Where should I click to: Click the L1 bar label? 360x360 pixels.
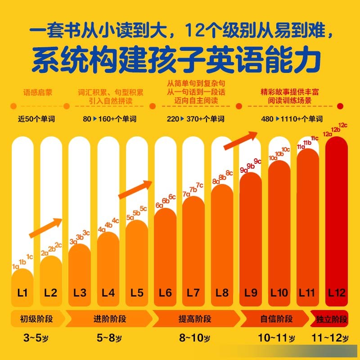click(22, 293)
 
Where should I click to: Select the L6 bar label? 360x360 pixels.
click(165, 293)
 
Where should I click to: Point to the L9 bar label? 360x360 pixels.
click(251, 293)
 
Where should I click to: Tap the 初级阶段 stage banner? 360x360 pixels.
click(36, 319)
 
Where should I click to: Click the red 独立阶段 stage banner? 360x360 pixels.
click(331, 319)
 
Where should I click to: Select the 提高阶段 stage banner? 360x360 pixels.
click(194, 319)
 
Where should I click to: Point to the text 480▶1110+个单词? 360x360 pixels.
click(292, 119)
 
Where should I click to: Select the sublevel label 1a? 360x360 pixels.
click(15, 267)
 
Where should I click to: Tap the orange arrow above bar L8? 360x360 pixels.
click(241, 140)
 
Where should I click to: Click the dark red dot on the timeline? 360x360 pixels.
click(341, 106)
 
